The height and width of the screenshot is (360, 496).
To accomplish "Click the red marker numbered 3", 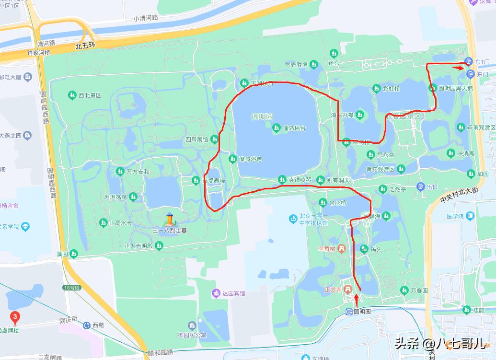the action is [x=15, y=317].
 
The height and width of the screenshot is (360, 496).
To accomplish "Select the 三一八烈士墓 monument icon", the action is [x=169, y=220].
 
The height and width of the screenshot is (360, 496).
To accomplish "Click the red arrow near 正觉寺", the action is [x=357, y=299].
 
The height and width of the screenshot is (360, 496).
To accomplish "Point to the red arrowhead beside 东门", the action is [x=460, y=68].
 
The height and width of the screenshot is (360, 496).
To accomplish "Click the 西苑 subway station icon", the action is [x=86, y=325].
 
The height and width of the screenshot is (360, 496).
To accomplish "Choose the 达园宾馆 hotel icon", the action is [x=216, y=293].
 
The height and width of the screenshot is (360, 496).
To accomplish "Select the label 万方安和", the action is [x=138, y=171].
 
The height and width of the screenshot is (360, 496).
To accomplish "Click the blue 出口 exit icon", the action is [x=420, y=187].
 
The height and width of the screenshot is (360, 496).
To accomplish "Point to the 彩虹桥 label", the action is [x=392, y=89].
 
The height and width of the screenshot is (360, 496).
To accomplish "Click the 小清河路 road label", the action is [x=146, y=18].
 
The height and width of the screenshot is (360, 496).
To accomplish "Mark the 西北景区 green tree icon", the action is [x=72, y=95].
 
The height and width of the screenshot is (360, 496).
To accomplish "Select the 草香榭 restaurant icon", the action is [x=341, y=248].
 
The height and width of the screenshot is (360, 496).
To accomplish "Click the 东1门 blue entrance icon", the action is [x=468, y=61].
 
